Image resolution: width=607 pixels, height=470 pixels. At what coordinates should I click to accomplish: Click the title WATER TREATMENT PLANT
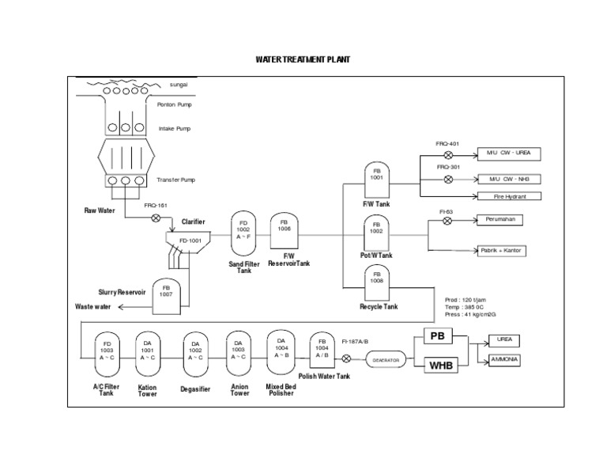tap(303, 60)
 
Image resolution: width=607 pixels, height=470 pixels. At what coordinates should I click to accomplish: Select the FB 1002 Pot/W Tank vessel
tap(377, 234)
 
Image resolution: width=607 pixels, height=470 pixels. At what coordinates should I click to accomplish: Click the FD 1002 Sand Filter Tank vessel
tap(243, 233)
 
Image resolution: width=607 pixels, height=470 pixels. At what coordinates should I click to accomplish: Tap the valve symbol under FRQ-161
tap(156, 218)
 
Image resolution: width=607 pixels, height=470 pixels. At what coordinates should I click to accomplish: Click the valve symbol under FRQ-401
tap(448, 154)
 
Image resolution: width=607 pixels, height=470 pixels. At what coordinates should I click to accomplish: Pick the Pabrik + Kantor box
tap(503, 251)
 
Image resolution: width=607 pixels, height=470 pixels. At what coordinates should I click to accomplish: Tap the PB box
tap(437, 337)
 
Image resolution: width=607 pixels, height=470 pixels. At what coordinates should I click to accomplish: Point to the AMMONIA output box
tap(505, 360)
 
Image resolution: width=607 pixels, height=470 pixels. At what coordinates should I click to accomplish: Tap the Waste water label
tap(93, 306)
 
